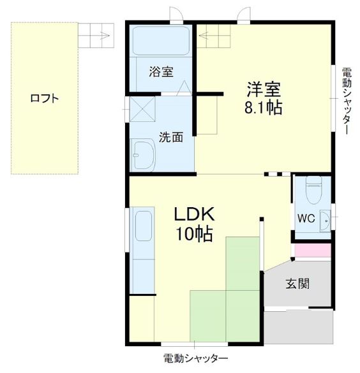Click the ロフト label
[x=45, y=98]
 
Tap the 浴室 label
[x=161, y=71]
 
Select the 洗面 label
[x=171, y=136]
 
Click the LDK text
[x=194, y=214]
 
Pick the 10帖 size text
[x=194, y=234]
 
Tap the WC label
[x=305, y=218]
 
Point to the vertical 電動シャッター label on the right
[x=345, y=100]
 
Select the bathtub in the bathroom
[x=161, y=42]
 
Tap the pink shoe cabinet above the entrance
[x=312, y=251]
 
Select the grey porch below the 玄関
[x=298, y=326]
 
